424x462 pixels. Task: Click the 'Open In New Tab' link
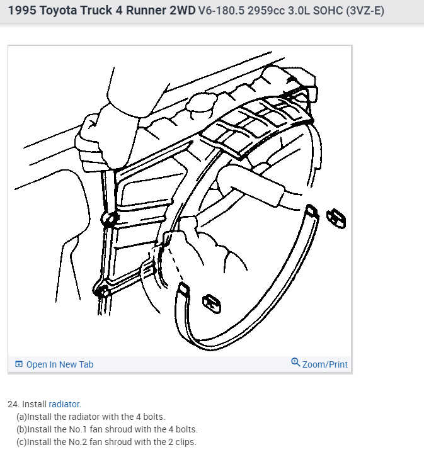(59, 364)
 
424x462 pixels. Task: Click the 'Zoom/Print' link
(324, 364)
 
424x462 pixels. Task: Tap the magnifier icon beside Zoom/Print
(295, 363)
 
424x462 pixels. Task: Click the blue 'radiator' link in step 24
(64, 404)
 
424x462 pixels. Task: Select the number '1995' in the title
(22, 11)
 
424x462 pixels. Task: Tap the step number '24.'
(14, 404)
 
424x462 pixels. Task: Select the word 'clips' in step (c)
(185, 442)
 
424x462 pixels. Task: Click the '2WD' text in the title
(179, 11)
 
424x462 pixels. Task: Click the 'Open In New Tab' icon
(19, 364)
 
